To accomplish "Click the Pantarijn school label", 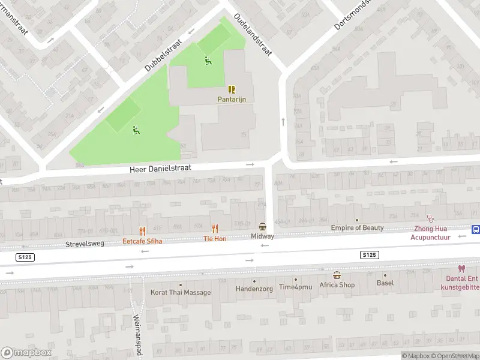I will point(232,99).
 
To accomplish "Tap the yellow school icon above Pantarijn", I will point(232,89).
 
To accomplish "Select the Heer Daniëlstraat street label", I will point(160,169).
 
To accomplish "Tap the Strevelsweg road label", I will point(85,244).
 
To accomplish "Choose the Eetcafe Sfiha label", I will point(142,241).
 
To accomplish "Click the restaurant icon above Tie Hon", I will point(215,229).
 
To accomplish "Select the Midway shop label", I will point(262,236).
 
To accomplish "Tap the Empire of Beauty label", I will point(357,228).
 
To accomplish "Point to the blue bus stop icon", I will point(475,229).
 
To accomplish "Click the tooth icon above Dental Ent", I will point(461,269).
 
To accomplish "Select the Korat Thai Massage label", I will point(181,292).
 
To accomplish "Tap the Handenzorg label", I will point(254,288).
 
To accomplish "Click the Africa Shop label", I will point(337,285).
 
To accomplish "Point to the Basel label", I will point(385,283).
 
